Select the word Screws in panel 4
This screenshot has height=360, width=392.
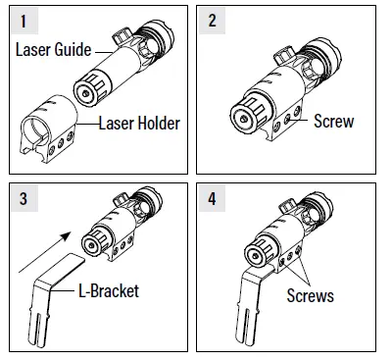tap(312, 293)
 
